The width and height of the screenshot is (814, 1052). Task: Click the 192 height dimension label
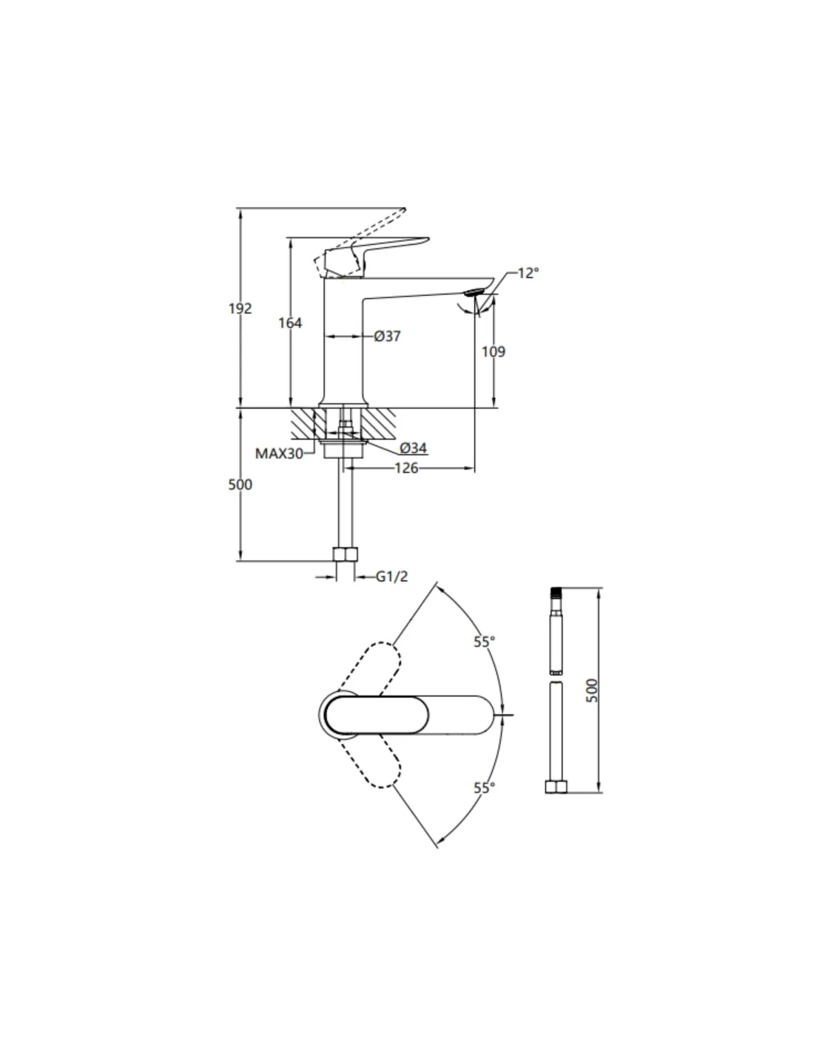[240, 308]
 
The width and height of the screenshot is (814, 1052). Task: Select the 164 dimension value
[290, 323]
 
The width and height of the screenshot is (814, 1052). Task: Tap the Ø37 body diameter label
[387, 336]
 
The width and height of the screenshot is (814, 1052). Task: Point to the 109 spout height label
[494, 351]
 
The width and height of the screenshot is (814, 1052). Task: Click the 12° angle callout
[528, 273]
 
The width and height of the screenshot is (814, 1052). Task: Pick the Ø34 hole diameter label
[414, 448]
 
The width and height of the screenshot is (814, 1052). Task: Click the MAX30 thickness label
[280, 453]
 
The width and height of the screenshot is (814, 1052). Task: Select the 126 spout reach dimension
[406, 468]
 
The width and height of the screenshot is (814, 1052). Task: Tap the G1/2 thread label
[392, 576]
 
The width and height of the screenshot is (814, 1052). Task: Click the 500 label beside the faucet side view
[240, 485]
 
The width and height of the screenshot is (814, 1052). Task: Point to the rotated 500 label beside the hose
[592, 691]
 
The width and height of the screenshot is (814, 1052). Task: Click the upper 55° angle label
[484, 642]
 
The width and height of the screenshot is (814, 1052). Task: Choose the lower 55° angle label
[484, 788]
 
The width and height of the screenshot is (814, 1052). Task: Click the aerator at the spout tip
[475, 292]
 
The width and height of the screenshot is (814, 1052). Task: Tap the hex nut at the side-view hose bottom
[346, 554]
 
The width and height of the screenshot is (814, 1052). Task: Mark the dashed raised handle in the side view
[359, 243]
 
